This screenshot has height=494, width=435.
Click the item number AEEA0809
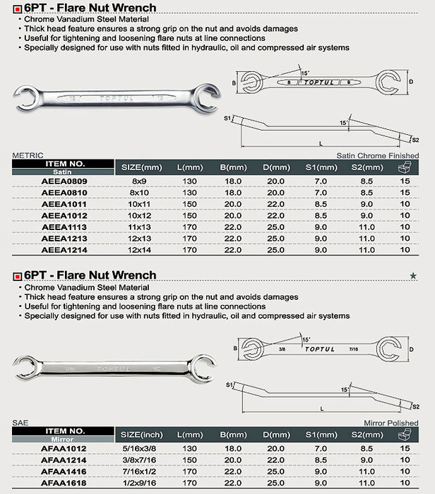click(64, 181)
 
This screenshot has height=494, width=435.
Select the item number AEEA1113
click(64, 227)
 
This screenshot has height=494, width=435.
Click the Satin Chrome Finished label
click(387, 155)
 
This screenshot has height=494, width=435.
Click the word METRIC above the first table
click(28, 156)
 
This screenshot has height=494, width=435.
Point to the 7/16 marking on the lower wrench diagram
click(353, 348)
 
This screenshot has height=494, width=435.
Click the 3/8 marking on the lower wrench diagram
click(282, 348)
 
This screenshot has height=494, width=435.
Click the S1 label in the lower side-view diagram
click(230, 385)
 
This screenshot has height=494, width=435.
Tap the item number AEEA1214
click(64, 250)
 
